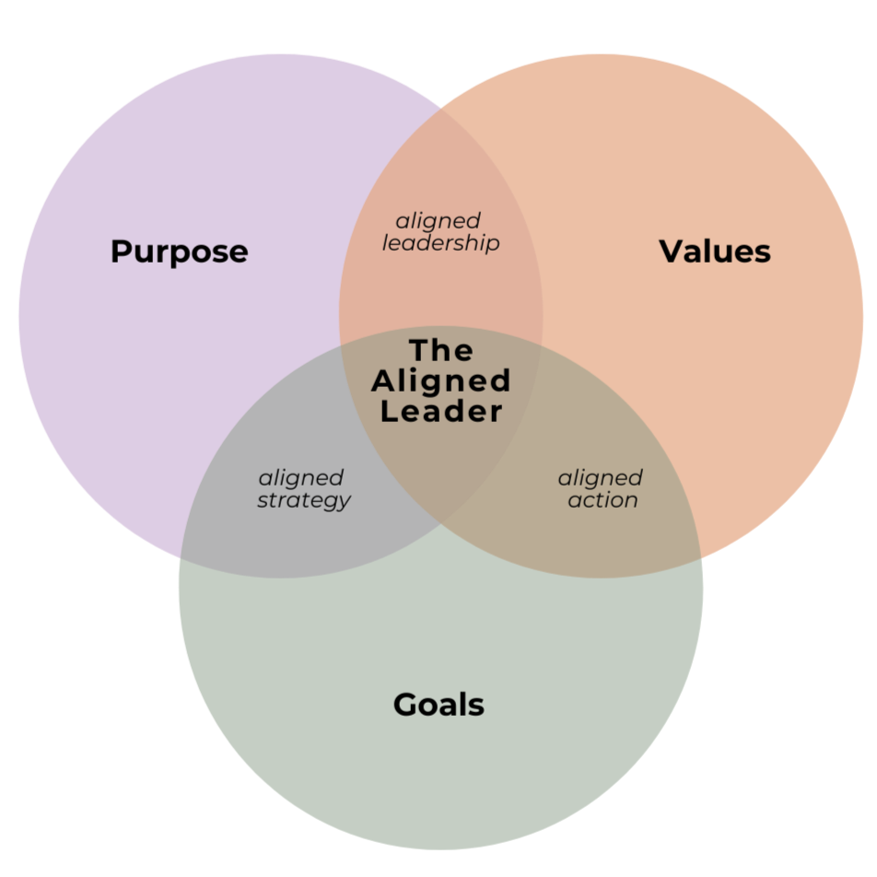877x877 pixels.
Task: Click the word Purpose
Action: [x=179, y=251]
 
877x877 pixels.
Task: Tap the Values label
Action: [x=715, y=251]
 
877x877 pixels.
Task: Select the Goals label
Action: [x=438, y=705]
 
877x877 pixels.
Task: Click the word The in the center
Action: [x=441, y=350]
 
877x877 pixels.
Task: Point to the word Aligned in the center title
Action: [x=445, y=380]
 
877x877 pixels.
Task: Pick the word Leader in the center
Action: [x=442, y=411]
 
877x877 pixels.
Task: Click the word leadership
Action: [x=441, y=243]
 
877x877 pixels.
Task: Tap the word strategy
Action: [x=304, y=500]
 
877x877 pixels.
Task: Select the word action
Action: [x=602, y=500]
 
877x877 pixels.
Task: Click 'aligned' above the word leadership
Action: [x=438, y=221]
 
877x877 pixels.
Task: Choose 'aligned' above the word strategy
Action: [x=301, y=478]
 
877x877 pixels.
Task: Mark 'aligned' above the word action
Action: [x=601, y=478]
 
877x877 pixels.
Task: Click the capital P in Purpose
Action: [x=120, y=251]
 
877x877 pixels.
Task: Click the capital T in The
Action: [x=417, y=350]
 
